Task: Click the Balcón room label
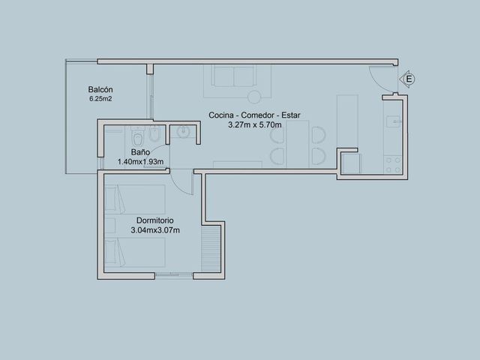(100, 90)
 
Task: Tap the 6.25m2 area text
(100, 99)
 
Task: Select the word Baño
(140, 152)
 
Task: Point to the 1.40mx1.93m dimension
(140, 162)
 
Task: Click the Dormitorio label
(155, 220)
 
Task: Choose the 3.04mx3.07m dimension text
(155, 230)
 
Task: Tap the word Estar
(291, 115)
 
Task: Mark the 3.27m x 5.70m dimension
(255, 125)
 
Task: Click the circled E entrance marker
(408, 79)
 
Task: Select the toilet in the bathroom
(138, 136)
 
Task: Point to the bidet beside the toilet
(154, 134)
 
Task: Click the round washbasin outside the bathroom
(183, 132)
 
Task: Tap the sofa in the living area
(234, 76)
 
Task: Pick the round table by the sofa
(254, 97)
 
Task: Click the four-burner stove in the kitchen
(393, 165)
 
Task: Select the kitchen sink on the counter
(393, 121)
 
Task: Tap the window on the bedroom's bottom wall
(174, 275)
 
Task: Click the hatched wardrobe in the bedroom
(211, 248)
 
